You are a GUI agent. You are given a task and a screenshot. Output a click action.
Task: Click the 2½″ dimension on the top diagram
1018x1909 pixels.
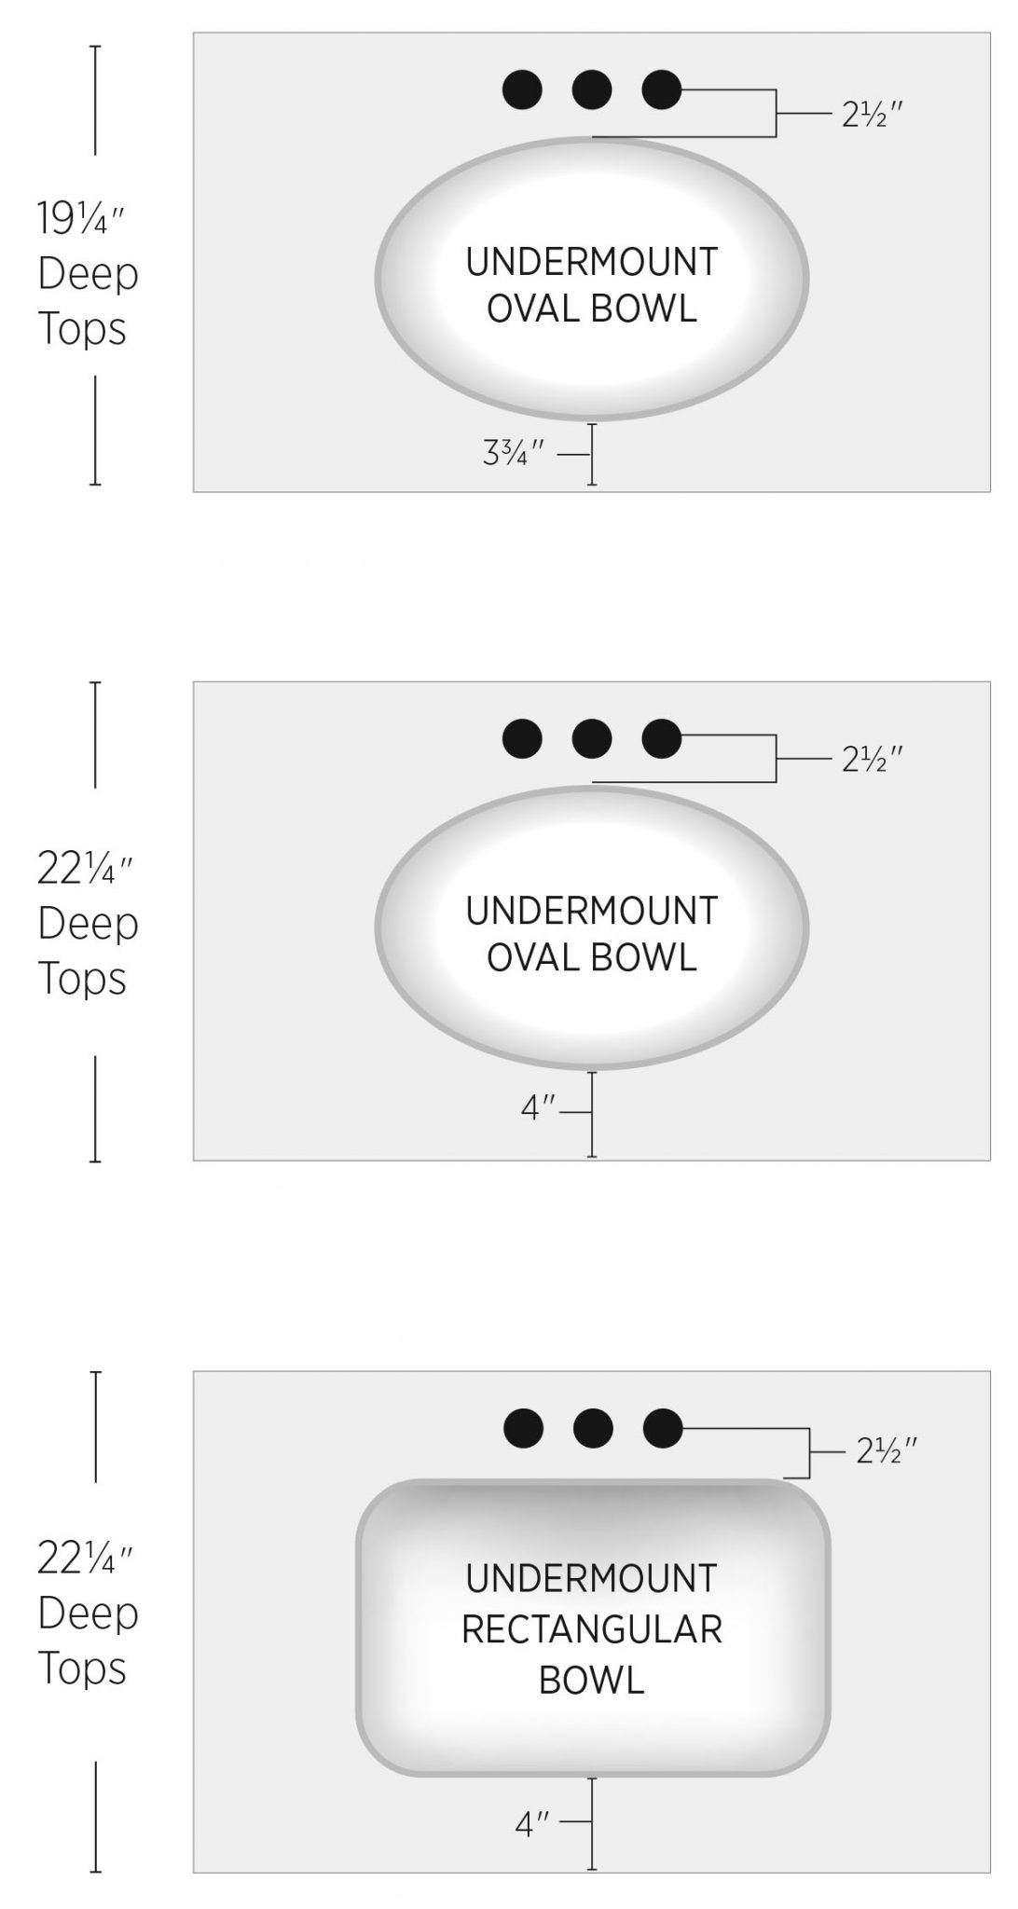pos(873,114)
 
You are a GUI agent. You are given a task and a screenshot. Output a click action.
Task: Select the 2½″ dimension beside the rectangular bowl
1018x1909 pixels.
pos(887,1449)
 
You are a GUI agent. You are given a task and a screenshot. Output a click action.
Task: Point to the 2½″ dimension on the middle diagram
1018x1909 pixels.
pos(873,760)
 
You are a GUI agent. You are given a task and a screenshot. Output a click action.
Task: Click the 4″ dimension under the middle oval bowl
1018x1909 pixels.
pos(538,1109)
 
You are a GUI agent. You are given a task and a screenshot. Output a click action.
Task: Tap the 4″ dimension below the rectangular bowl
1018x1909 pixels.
pos(532,1824)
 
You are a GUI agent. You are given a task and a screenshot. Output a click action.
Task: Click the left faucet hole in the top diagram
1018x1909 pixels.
pos(522,90)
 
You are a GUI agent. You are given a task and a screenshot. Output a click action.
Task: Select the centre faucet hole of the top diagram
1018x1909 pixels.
pos(592,90)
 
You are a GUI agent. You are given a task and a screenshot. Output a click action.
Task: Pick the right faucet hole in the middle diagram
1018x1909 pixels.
pos(662,739)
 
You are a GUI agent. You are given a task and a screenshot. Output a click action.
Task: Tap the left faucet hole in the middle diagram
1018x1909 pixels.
pos(522,739)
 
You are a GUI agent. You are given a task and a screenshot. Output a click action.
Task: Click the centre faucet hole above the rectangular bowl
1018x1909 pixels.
pos(593,1428)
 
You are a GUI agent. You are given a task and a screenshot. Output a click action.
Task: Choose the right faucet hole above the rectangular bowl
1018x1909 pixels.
pos(663,1428)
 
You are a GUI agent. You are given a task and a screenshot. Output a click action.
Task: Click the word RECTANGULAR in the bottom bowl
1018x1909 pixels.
pos(592,1629)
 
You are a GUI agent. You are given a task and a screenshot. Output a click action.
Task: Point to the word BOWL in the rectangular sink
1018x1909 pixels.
pos(592,1680)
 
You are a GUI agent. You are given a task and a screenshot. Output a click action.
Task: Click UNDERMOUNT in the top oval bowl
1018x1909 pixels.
pos(592,262)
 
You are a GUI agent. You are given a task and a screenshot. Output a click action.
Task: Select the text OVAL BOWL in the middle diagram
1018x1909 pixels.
pos(592,958)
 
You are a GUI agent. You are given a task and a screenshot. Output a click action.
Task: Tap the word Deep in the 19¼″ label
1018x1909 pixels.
pos(88,274)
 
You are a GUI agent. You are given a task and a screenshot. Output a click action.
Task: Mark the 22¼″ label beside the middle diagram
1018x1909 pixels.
pos(86,869)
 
